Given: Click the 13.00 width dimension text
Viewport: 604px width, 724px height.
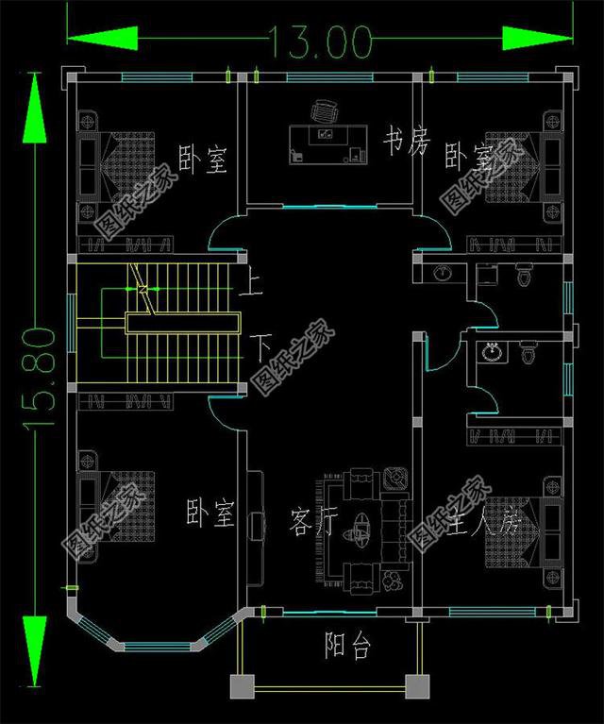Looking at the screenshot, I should pyautogui.click(x=317, y=40).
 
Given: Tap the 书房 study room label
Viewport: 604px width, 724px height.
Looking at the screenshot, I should pyautogui.click(x=406, y=144).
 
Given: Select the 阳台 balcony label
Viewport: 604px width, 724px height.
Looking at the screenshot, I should pyautogui.click(x=347, y=647).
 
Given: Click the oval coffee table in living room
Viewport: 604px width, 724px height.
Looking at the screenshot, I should pyautogui.click(x=361, y=525).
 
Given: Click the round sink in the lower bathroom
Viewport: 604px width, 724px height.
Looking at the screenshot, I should pyautogui.click(x=490, y=352).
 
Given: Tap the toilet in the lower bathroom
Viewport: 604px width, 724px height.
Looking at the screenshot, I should pyautogui.click(x=529, y=352).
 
